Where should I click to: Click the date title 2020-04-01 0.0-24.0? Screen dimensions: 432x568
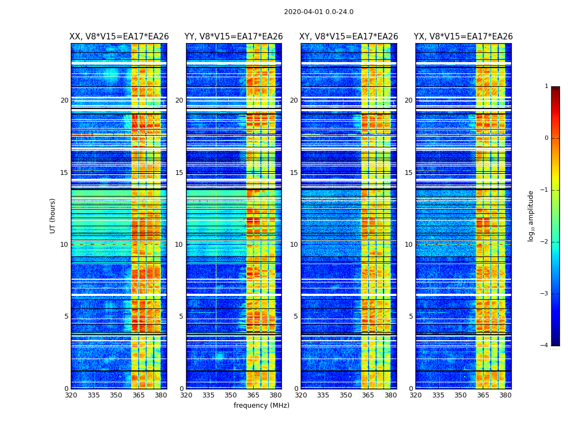tap(319, 12)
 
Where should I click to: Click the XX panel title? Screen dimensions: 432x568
tap(119, 37)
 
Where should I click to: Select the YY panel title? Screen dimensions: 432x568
tap(234, 37)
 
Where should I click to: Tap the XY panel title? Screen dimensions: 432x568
tap(349, 37)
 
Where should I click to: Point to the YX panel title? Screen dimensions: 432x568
tap(463, 37)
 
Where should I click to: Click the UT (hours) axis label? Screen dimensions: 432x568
tap(53, 215)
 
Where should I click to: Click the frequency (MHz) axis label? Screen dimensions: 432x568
tap(261, 406)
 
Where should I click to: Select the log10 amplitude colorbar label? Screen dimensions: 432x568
tap(531, 215)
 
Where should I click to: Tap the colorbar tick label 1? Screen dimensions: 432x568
tap(546, 86)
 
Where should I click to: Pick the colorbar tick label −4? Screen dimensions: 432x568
tap(545, 346)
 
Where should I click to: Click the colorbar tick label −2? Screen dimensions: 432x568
tap(545, 242)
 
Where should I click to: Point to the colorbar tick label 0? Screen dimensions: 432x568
tap(546, 138)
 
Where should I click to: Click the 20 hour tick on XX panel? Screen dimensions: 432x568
tap(64, 100)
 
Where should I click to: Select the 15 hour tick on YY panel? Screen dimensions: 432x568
tap(179, 173)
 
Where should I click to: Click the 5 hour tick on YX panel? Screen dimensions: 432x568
tap(411, 316)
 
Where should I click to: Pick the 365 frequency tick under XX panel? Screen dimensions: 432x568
tap(138, 395)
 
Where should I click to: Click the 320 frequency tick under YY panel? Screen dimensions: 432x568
tap(186, 395)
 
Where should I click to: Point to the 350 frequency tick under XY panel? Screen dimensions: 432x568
tap(345, 395)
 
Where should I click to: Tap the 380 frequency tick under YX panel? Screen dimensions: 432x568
tap(505, 395)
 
